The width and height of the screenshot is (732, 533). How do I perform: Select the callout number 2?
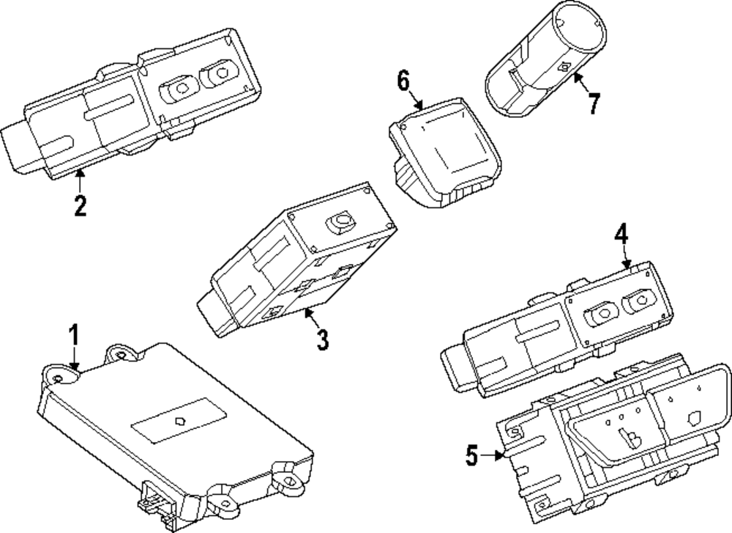[x=80, y=206]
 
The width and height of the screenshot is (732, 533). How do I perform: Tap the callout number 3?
[x=321, y=339]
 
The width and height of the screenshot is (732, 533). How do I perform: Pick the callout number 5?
[x=472, y=457]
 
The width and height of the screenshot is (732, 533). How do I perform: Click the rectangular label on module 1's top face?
[x=179, y=421]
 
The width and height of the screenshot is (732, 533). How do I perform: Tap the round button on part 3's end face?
[x=341, y=221]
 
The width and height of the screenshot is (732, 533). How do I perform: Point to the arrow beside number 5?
[x=492, y=457]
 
